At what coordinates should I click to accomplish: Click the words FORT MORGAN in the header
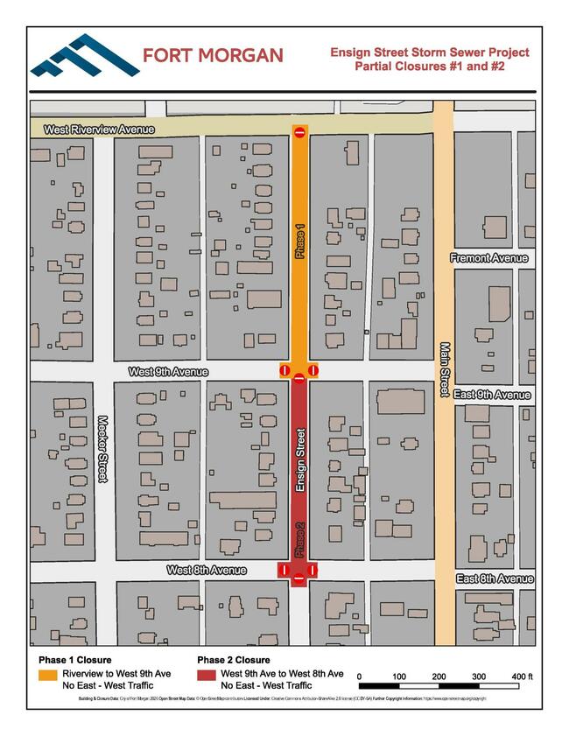pyautogui.click(x=213, y=56)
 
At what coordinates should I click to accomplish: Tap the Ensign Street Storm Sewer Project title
pyautogui.click(x=429, y=59)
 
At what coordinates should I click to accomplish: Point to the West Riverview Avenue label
pyautogui.click(x=99, y=130)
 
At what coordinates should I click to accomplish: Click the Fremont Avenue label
pyautogui.click(x=489, y=258)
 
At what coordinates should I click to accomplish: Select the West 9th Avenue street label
pyautogui.click(x=168, y=372)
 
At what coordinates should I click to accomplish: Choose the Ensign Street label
pyautogui.click(x=300, y=459)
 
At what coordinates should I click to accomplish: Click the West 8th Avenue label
pyautogui.click(x=207, y=570)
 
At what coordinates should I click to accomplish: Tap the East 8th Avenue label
pyautogui.click(x=495, y=579)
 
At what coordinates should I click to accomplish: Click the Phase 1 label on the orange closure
pyautogui.click(x=300, y=242)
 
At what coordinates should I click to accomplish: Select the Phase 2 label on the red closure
pyautogui.click(x=299, y=540)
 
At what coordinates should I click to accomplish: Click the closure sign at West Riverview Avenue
pyautogui.click(x=299, y=132)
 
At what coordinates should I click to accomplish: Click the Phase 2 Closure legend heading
pyautogui.click(x=233, y=660)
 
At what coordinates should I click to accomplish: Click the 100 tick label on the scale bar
pyautogui.click(x=398, y=676)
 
